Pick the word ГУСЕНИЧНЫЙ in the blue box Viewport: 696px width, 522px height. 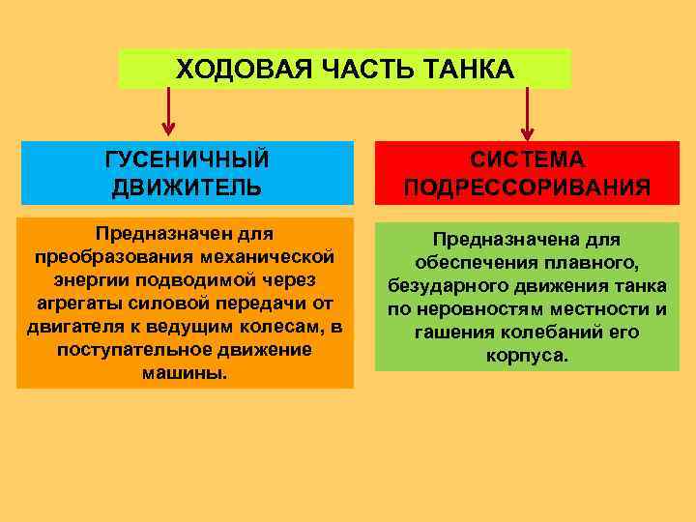(187, 159)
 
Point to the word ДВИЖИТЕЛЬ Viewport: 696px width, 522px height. (187, 187)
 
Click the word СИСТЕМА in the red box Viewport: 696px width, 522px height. (528, 159)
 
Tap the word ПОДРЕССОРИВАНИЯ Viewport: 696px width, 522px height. (528, 187)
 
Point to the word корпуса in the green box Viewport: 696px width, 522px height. (527, 356)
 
